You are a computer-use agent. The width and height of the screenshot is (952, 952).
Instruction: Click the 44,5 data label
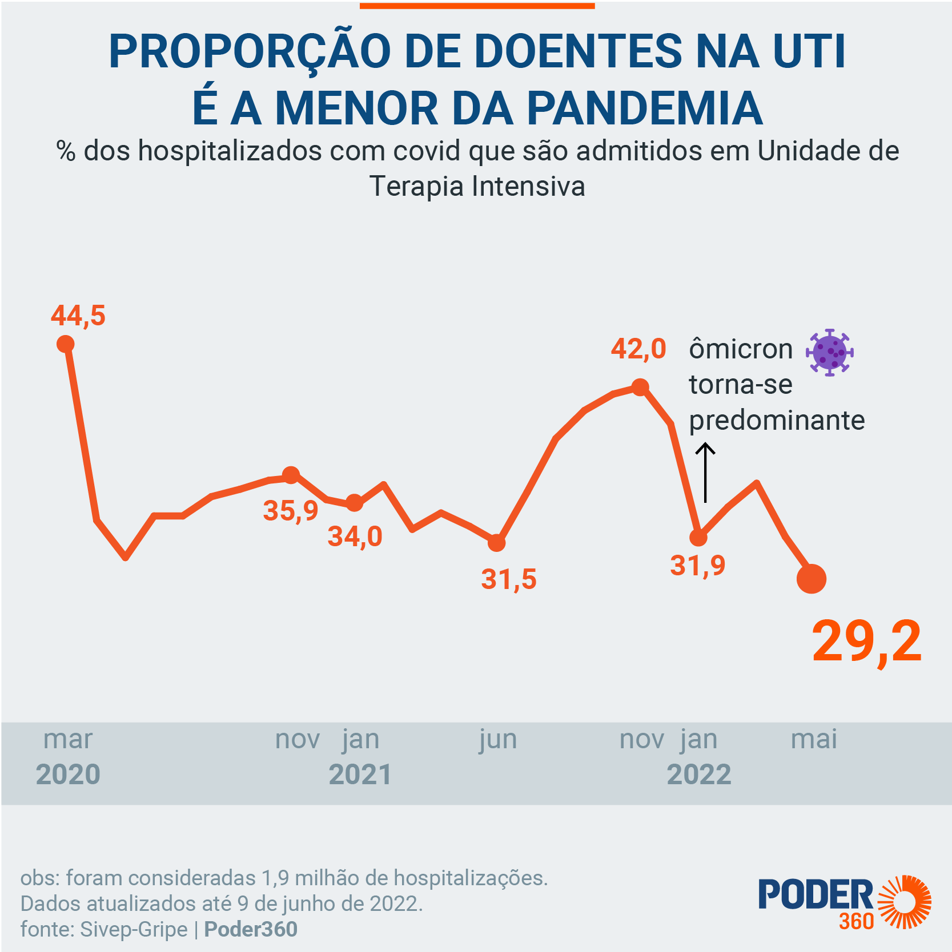(x=78, y=316)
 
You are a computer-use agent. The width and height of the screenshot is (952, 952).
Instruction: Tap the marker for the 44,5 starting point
(x=66, y=344)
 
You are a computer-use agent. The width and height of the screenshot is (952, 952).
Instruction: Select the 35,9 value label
(x=290, y=510)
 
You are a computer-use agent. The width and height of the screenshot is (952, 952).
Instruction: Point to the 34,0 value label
(x=355, y=536)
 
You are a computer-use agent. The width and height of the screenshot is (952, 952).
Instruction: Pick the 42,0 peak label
(x=638, y=349)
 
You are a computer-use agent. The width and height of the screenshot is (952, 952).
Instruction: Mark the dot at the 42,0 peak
(x=640, y=388)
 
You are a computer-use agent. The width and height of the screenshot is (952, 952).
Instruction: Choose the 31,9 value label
(x=697, y=566)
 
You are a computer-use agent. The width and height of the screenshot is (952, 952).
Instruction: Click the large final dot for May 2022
(x=811, y=579)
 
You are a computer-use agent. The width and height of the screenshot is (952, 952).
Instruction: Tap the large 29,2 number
(x=866, y=642)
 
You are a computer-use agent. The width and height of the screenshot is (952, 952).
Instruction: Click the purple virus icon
(x=829, y=352)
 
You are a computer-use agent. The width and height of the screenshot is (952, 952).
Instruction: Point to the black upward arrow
(x=705, y=473)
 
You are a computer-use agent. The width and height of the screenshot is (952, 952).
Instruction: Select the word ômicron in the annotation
(x=741, y=349)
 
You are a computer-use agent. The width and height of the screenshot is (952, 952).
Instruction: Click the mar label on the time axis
(x=67, y=740)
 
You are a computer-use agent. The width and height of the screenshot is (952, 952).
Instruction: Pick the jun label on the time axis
(x=498, y=740)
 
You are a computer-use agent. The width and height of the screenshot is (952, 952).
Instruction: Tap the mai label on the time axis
(x=814, y=740)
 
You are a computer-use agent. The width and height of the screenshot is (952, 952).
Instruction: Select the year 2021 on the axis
(x=360, y=774)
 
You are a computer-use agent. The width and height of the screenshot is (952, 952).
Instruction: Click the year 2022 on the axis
(x=699, y=774)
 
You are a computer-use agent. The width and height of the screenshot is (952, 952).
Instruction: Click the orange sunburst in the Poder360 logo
(x=904, y=902)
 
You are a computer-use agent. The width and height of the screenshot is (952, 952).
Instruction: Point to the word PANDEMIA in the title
(x=644, y=108)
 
